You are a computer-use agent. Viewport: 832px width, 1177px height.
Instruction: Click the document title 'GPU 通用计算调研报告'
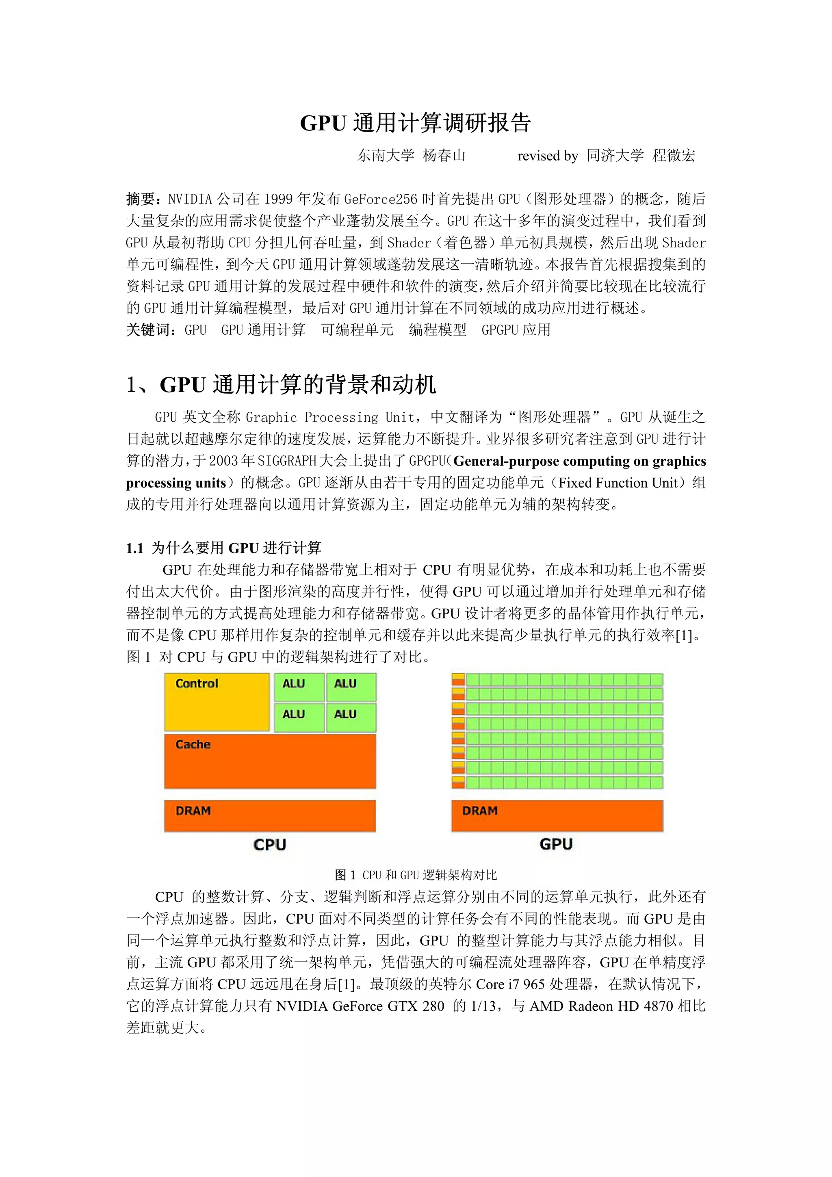[x=415, y=123]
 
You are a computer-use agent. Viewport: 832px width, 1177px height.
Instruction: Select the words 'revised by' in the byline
[x=548, y=156]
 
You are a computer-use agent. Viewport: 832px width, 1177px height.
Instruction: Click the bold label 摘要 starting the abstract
[x=141, y=199]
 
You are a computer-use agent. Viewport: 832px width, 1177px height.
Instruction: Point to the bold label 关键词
[x=147, y=329]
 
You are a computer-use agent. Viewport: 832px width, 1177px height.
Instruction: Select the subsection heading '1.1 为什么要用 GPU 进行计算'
[x=223, y=548]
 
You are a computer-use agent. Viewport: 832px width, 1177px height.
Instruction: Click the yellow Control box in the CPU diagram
[x=217, y=702]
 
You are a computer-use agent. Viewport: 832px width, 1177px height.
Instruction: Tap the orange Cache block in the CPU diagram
[x=270, y=761]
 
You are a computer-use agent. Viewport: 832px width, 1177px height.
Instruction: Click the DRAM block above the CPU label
[x=270, y=815]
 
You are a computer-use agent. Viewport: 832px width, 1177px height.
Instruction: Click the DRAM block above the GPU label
[x=557, y=815]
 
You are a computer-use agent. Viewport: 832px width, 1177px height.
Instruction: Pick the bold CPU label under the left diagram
[x=270, y=844]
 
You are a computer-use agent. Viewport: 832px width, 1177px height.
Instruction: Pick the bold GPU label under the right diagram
[x=556, y=844]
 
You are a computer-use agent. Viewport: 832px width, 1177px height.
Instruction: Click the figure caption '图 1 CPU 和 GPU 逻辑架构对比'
[x=416, y=875]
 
